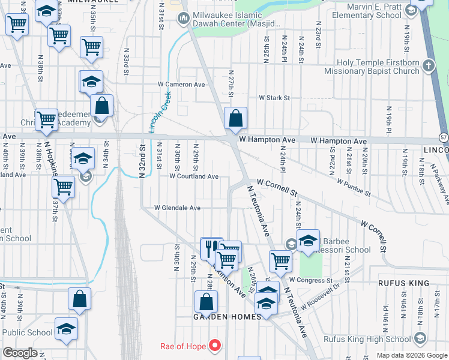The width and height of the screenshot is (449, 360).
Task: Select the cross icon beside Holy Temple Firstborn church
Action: point(428,64)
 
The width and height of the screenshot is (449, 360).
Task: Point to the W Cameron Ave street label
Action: point(181,85)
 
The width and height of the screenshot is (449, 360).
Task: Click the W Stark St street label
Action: point(274,97)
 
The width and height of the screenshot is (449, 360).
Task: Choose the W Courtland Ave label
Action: point(194,176)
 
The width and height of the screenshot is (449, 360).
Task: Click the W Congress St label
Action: point(310,280)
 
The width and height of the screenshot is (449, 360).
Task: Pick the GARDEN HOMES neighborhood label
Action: point(227,316)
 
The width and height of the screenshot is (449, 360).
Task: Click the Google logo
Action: point(20,353)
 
